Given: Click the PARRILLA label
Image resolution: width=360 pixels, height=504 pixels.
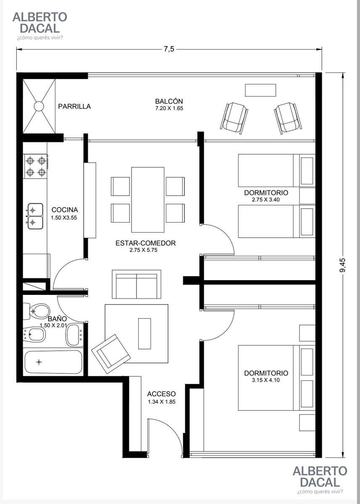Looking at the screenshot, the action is tap(74, 106).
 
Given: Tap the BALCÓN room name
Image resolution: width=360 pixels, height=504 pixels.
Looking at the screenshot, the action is tap(169, 101).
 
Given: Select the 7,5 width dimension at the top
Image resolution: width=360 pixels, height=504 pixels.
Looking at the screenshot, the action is tap(169, 49).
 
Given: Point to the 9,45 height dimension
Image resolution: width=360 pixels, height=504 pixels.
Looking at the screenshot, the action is tap(342, 265).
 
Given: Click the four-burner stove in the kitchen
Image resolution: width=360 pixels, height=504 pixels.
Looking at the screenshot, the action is tap(36, 166).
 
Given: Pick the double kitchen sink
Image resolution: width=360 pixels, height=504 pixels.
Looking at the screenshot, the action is tap(35, 216).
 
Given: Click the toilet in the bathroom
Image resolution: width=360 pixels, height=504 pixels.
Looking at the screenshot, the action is tap(37, 311).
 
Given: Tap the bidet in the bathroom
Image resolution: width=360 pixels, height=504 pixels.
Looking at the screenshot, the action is tap(34, 334).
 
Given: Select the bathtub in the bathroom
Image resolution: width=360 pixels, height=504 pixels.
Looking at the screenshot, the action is tap(53, 362).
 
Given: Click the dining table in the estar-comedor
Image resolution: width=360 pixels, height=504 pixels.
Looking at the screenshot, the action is tap(148, 199).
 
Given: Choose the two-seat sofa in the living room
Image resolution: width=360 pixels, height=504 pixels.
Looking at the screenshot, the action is tap(137, 284).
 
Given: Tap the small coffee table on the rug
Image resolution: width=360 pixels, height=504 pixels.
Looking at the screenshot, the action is tap(145, 333).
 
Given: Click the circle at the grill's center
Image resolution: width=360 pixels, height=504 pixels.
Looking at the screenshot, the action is tap(39, 106).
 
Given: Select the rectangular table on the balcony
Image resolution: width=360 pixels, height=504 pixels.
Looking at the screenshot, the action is tap(260, 90).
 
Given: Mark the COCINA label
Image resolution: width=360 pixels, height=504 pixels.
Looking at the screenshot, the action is tap(65, 210).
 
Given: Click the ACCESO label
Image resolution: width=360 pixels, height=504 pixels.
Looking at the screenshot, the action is tap(162, 394).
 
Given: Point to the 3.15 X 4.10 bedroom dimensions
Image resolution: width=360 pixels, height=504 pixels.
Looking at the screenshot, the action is tap(266, 380).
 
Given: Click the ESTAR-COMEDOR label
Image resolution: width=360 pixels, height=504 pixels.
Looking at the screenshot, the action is tap(146, 243).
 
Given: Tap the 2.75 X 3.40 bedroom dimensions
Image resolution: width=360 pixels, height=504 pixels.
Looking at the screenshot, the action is tap(266, 199).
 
